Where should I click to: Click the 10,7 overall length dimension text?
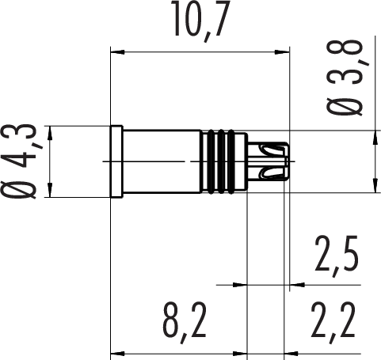pos(200,21)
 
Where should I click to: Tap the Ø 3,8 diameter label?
pos(345,78)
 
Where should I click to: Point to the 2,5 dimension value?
pos(337,256)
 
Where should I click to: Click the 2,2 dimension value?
pos(333,323)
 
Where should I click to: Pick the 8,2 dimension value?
pos(185,323)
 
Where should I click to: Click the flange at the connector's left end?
pos(116,161)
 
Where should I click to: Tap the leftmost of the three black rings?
pos(211,161)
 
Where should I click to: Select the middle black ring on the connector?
pos(221,161)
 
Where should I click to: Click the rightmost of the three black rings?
pos(231,161)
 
